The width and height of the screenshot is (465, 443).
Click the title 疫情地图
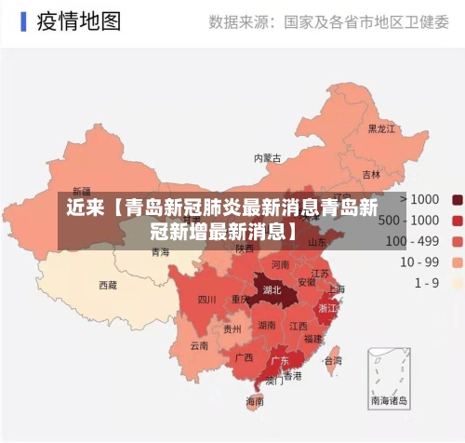pyautogui.click(x=79, y=20)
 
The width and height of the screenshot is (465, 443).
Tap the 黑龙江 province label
pyautogui.click(x=382, y=128)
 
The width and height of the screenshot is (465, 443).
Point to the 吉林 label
pyautogui.click(x=371, y=174)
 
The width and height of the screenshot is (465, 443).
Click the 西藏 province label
pyautogui.click(x=108, y=285)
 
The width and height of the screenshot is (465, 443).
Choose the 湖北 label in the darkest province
pyautogui.click(x=272, y=289)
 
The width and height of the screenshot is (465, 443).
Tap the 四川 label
pyautogui.click(x=207, y=300)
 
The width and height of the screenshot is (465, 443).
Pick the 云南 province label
pyautogui.click(x=199, y=345)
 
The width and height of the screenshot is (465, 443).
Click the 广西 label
pyautogui.click(x=245, y=356)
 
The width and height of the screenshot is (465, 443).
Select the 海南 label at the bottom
pyautogui.click(x=255, y=401)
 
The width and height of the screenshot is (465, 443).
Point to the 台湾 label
pyautogui.click(x=332, y=360)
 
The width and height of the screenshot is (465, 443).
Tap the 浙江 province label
pyautogui.click(x=327, y=307)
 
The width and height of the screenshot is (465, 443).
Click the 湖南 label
pyautogui.click(x=267, y=326)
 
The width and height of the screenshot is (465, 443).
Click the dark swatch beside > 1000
pyautogui.click(x=457, y=199)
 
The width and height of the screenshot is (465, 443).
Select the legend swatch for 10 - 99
pyautogui.click(x=457, y=262)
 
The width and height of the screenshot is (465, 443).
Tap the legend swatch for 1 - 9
pyautogui.click(x=457, y=282)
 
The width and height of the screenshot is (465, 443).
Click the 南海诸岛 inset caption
pyautogui.click(x=390, y=401)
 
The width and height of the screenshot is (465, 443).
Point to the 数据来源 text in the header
pyautogui.click(x=240, y=20)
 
